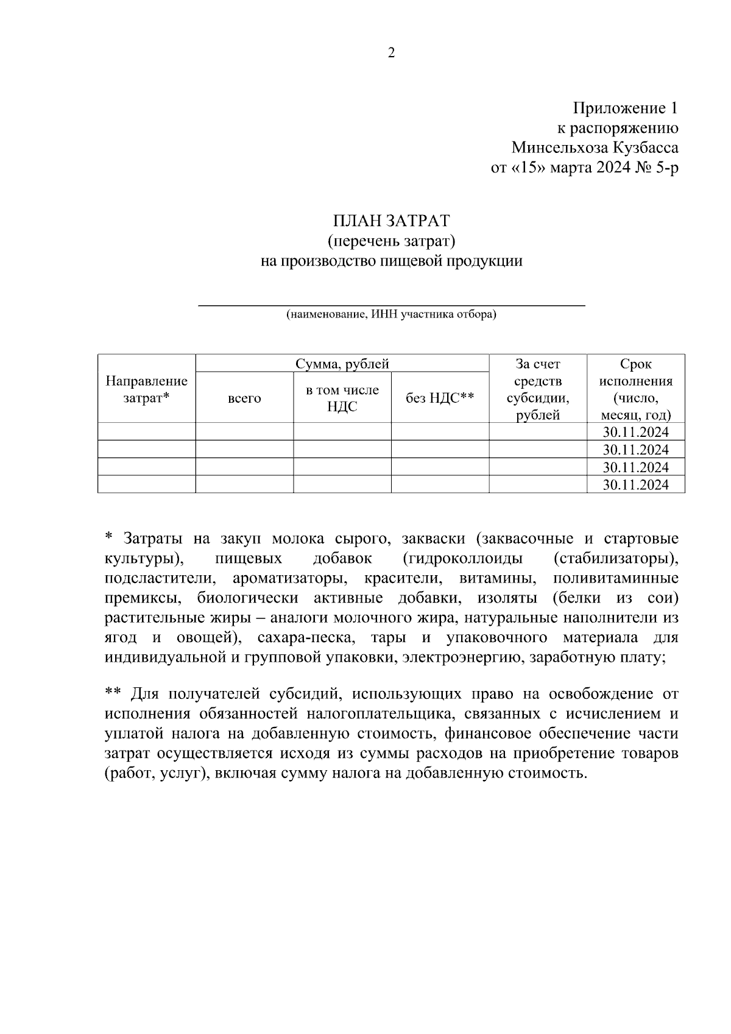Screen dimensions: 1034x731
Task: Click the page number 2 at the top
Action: [x=391, y=53]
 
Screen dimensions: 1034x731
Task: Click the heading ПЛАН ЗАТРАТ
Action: [x=391, y=221]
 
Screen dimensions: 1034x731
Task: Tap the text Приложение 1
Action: [x=625, y=108]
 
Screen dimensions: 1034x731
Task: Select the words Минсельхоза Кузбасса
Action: [x=595, y=148]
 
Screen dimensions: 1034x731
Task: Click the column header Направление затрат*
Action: [x=146, y=389]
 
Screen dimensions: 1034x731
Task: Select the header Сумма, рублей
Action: [x=342, y=364]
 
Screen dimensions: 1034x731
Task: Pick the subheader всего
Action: [x=244, y=398]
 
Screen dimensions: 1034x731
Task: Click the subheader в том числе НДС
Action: [x=342, y=398]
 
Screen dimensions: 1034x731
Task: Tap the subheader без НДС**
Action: [x=440, y=398]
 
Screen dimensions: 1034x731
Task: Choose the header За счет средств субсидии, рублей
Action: [x=538, y=389]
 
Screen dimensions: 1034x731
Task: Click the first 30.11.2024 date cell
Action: [x=635, y=432]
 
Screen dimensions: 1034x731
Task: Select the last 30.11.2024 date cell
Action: [x=635, y=484]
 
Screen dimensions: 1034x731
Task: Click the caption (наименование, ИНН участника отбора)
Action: [x=391, y=315]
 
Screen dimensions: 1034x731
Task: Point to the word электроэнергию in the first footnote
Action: [x=462, y=658]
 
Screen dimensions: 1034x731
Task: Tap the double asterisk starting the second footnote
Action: [x=113, y=693]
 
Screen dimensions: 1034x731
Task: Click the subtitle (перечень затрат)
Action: [x=391, y=241]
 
